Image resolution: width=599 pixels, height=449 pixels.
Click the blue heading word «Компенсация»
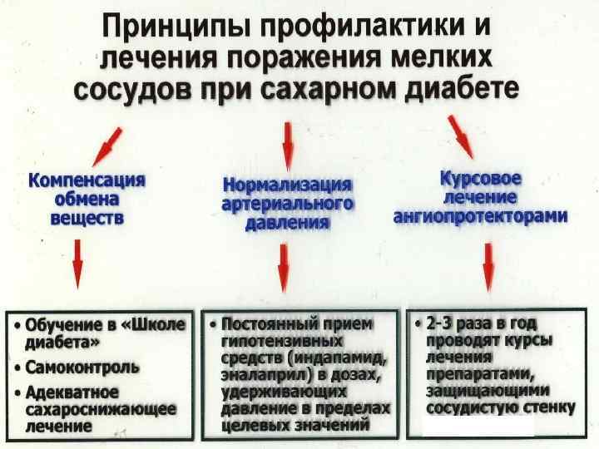(x=87, y=180)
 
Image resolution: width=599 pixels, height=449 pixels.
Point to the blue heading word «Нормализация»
(x=287, y=184)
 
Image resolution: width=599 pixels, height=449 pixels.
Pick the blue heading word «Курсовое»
(x=480, y=179)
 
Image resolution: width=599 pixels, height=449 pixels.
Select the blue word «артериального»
(x=287, y=203)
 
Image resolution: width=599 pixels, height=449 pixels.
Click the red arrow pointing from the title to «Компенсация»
(x=108, y=145)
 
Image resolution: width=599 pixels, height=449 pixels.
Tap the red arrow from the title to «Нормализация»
(x=288, y=146)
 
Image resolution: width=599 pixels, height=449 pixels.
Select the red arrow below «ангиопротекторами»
(x=488, y=263)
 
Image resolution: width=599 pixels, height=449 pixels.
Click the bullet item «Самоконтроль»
(x=82, y=366)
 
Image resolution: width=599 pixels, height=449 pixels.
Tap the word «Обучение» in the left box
(x=59, y=324)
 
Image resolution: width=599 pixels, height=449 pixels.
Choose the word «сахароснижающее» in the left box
(x=101, y=408)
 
